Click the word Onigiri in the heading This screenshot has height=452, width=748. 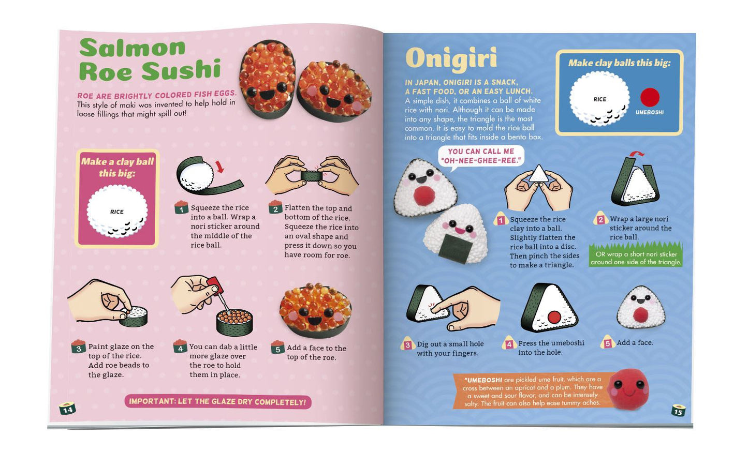pos(451,59)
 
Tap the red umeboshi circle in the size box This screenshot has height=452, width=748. pos(650,97)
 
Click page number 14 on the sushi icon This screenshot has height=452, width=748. pos(67,410)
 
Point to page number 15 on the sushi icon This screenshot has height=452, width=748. pos(678,412)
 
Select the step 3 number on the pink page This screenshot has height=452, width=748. pos(79,348)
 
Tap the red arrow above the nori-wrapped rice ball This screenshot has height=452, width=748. pos(219,167)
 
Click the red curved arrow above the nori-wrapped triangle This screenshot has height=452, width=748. pos(638,154)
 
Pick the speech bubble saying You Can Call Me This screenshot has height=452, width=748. pos(481,156)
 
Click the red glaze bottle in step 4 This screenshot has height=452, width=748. pos(212,283)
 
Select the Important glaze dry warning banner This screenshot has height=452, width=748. pos(217,402)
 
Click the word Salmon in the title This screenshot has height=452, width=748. pos(133,48)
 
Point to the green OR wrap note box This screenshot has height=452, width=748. pos(636,258)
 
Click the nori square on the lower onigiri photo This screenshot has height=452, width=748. pos(455,247)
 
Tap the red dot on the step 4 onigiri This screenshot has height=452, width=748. pos(554,316)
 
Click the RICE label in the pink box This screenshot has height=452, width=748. pos(117,212)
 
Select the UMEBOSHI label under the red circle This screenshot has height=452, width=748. pos(650,112)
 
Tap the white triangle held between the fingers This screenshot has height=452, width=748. pos(539,174)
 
